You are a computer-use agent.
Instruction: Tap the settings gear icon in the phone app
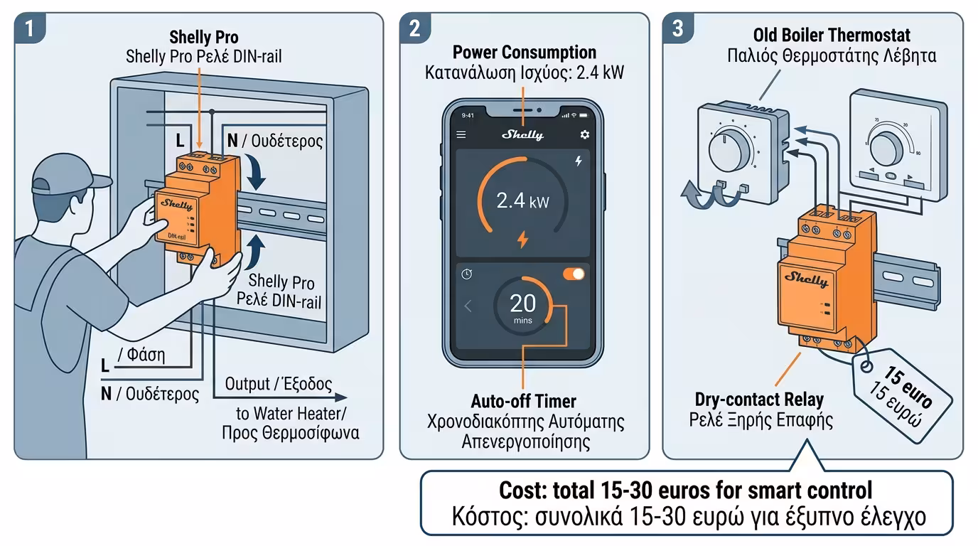pyautogui.click(x=585, y=134)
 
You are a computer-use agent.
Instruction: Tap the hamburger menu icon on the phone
pyautogui.click(x=461, y=134)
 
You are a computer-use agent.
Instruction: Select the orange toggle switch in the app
pyautogui.click(x=574, y=274)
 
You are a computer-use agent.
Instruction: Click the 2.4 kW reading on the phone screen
pyautogui.click(x=522, y=201)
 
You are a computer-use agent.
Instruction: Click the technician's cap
pyautogui.click(x=65, y=175)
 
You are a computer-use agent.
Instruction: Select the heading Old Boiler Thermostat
pyautogui.click(x=832, y=35)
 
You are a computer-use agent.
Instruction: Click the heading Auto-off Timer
pyautogui.click(x=523, y=401)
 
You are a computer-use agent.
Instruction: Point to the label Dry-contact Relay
pyautogui.click(x=759, y=400)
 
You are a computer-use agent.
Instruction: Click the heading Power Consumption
pyautogui.click(x=525, y=52)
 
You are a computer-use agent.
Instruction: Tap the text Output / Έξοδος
pyautogui.click(x=278, y=384)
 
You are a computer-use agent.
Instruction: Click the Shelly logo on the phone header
pyautogui.click(x=522, y=134)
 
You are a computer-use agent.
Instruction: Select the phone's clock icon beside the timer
pyautogui.click(x=467, y=274)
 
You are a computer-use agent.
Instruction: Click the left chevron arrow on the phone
pyautogui.click(x=468, y=306)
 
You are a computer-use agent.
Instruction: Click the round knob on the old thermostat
pyautogui.click(x=729, y=149)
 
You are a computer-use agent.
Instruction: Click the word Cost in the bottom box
pyautogui.click(x=522, y=490)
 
